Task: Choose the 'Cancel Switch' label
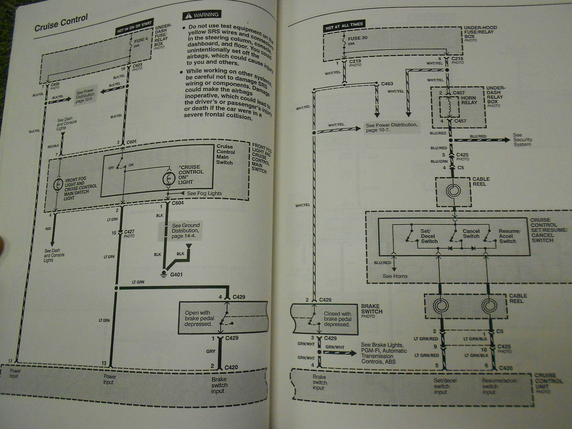pos(471,234)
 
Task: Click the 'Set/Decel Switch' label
pos(429,236)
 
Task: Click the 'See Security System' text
pos(522,140)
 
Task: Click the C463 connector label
pos(387,83)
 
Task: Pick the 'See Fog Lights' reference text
pos(205,193)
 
